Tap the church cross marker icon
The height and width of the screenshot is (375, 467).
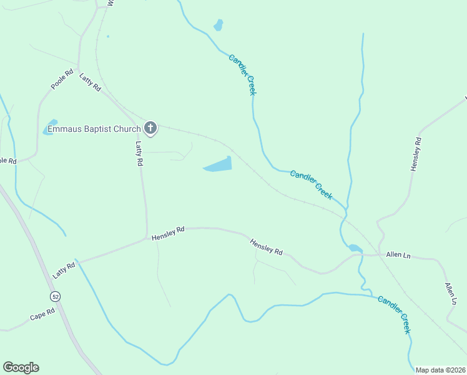(x=150, y=129)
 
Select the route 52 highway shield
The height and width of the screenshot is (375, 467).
(x=56, y=295)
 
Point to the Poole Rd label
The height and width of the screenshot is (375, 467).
(x=62, y=79)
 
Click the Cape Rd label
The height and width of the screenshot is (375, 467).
(x=42, y=313)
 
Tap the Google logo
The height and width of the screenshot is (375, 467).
(x=21, y=367)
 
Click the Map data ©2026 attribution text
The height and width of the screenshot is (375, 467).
(x=440, y=370)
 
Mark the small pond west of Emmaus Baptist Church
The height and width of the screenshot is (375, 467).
(x=50, y=127)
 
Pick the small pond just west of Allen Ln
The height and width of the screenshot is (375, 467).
(x=355, y=248)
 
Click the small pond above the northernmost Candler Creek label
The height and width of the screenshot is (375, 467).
(x=218, y=25)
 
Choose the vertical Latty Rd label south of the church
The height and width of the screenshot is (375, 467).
(x=140, y=153)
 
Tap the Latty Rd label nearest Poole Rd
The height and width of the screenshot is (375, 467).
(x=91, y=82)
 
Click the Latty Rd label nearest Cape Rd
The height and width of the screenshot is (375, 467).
(x=64, y=270)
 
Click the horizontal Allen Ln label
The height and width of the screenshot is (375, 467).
(x=398, y=254)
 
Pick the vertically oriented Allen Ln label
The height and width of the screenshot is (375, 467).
(x=451, y=293)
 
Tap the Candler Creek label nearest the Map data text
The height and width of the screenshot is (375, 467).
(x=395, y=314)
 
